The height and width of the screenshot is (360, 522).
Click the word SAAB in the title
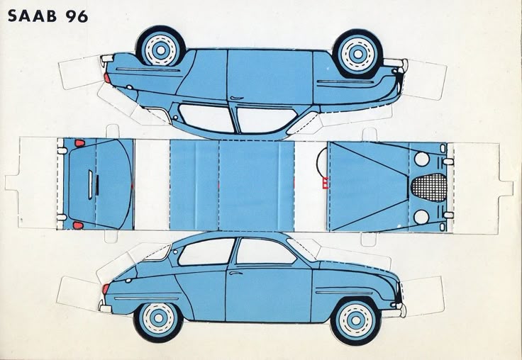click(x=33, y=16)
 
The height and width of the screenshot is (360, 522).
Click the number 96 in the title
click(x=77, y=16)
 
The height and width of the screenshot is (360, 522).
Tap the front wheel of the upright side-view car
click(x=356, y=320)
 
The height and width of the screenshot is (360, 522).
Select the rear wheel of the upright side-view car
click(x=158, y=318)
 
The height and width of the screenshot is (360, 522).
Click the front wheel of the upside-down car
click(x=358, y=53)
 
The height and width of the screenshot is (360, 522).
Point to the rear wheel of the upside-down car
click(x=160, y=50)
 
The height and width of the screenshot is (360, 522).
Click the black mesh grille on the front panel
click(x=430, y=188)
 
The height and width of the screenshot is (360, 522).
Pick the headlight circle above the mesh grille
click(x=421, y=159)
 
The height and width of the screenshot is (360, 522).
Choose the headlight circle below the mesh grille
click(x=421, y=217)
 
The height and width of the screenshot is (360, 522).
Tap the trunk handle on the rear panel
click(x=90, y=185)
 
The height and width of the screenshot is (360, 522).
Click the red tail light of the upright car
click(x=106, y=288)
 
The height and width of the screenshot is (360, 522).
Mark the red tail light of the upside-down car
click(x=107, y=78)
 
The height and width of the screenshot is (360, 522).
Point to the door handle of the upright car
click(x=235, y=273)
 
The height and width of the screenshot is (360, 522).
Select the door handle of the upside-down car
click(x=237, y=98)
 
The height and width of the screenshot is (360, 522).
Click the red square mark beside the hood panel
click(x=326, y=184)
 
